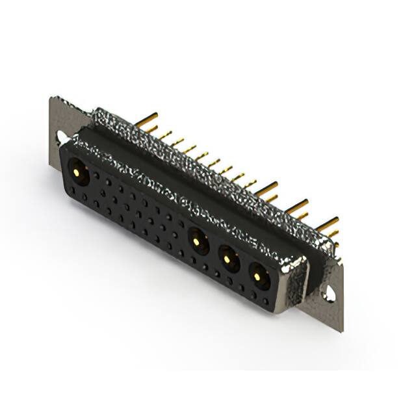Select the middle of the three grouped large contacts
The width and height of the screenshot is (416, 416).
point(227,258)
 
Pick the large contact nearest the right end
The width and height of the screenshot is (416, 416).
point(258,277)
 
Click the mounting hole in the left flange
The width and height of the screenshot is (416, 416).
point(60,136)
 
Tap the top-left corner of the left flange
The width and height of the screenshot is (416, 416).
point(51,98)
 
